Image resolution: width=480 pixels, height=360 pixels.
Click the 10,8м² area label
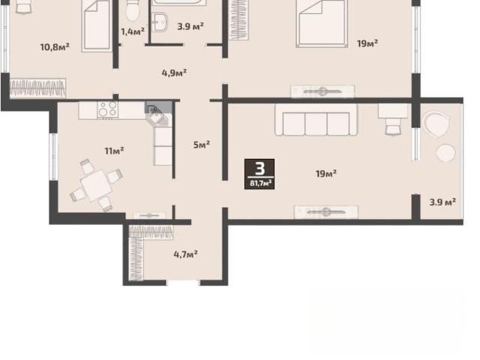tap(55, 47)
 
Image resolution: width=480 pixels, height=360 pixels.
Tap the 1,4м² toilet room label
tap(133, 31)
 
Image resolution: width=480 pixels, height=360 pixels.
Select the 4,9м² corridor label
tap(174, 73)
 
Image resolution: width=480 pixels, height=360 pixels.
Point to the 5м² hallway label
tap(202, 144)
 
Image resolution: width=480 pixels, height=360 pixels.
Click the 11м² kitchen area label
tap(114, 151)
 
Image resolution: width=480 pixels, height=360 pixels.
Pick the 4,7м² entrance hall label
tap(185, 254)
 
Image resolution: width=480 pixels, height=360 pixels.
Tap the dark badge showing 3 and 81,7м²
tap(259, 174)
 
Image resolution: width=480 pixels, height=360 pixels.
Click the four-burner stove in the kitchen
tap(107, 110)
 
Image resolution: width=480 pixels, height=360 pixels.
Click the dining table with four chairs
tap(96, 185)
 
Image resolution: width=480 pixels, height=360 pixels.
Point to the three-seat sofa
tap(316, 120)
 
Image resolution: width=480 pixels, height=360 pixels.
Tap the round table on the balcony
tap(445, 153)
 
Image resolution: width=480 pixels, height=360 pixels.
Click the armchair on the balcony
tap(436, 124)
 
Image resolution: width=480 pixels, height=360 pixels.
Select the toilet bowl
tap(133, 10)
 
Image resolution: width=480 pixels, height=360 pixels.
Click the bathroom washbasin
tap(160, 22)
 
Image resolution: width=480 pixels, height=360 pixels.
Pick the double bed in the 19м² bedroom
tap(322, 23)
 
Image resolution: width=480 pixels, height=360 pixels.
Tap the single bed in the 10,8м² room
tap(97, 25)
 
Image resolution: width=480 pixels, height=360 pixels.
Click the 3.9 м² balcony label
tap(442, 202)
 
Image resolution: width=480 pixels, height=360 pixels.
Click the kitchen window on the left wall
tap(53, 157)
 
